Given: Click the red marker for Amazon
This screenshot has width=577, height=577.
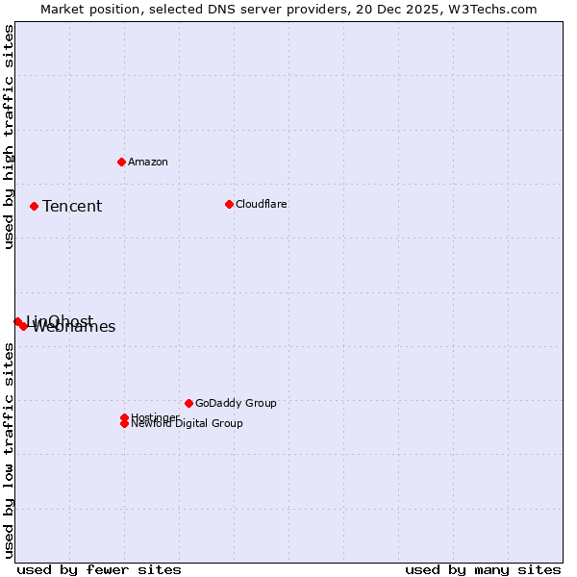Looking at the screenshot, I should point(121,162).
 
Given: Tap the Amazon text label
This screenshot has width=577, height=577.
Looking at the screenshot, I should point(148,162).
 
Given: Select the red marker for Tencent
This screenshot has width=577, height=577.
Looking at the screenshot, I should point(34,206).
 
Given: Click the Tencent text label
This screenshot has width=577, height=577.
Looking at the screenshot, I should point(72,206).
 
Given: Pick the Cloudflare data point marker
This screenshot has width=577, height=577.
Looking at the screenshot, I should point(229,204).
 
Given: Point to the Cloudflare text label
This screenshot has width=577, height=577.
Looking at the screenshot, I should point(262,204).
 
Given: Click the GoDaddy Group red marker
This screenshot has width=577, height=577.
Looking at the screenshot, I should point(188,403).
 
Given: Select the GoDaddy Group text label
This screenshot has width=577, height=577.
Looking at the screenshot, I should point(236,403).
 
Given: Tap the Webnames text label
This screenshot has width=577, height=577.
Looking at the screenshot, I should point(75,327).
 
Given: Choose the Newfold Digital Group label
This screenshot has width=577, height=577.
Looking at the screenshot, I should point(188,424).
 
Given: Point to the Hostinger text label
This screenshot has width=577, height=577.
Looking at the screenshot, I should point(154,416).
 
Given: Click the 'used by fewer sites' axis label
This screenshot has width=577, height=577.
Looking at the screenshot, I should point(99,569).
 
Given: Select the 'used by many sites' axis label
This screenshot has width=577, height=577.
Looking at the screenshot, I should point(483,569).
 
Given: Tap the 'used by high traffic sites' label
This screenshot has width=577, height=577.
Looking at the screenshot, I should point(9,137).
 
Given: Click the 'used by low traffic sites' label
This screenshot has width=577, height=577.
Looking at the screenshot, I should point(9,450).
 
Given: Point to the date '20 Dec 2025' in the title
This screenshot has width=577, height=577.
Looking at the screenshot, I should point(411,9).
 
